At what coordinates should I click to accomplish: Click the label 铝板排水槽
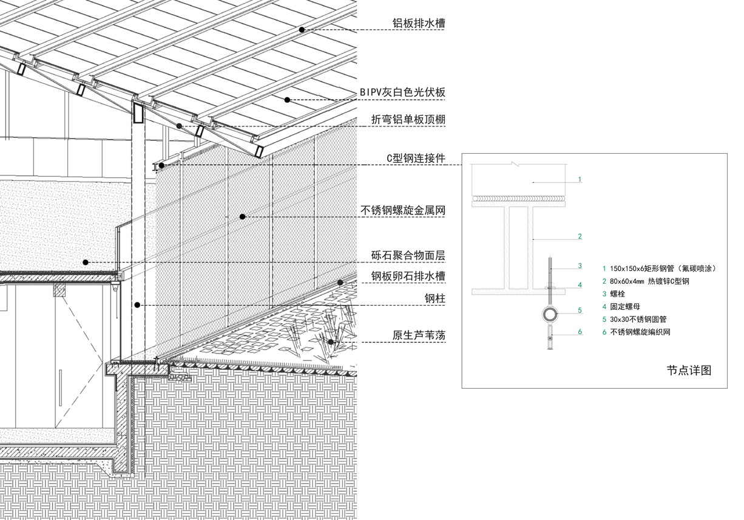pos(419,24)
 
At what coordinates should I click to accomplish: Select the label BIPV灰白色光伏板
pos(402,92)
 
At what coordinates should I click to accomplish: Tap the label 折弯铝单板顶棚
pos(408,120)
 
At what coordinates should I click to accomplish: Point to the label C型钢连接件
pos(416,159)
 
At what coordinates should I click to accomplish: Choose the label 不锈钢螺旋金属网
pos(404,211)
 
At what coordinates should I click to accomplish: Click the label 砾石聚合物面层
pos(408,256)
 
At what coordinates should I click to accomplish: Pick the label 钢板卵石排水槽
pos(408,276)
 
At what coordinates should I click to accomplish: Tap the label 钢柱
pos(436,298)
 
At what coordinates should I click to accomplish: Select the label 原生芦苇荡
pos(419,335)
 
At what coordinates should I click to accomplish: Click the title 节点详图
pos(689,370)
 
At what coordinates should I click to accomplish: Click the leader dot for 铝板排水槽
pos(302,29)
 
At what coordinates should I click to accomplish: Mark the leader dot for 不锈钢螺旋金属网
pos(242,216)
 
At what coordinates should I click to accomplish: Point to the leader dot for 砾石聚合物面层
pos(86,262)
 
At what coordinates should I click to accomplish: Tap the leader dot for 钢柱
pos(139,304)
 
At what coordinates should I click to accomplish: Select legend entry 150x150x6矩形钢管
pos(655,268)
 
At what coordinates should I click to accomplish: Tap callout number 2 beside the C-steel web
pos(580,236)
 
